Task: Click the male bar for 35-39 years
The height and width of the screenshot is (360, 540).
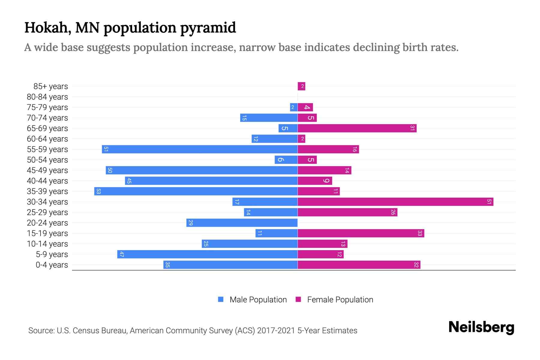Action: [x=196, y=191]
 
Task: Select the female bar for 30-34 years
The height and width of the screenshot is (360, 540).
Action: [x=395, y=202]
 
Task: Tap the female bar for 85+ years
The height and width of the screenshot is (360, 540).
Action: [x=301, y=86]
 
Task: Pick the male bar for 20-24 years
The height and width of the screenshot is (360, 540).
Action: [x=242, y=223]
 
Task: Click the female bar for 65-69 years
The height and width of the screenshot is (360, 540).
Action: [x=357, y=128]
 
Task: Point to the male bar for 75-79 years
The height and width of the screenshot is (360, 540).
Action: [x=294, y=107]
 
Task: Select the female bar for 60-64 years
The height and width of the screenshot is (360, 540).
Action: [x=301, y=139]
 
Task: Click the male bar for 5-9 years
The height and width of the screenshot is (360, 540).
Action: [x=207, y=254]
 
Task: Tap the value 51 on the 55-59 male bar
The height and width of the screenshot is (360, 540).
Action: [x=106, y=149]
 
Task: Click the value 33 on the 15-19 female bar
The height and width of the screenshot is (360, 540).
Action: [x=420, y=233]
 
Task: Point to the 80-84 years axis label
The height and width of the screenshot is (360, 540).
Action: [x=47, y=97]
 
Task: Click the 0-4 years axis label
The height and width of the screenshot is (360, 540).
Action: [x=52, y=265]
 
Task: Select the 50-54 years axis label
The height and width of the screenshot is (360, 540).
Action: [x=47, y=160]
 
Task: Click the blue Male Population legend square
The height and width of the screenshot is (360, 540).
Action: [x=221, y=299]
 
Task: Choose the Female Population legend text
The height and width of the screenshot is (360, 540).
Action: [x=340, y=299]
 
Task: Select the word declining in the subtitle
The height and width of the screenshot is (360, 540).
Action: [x=376, y=47]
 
